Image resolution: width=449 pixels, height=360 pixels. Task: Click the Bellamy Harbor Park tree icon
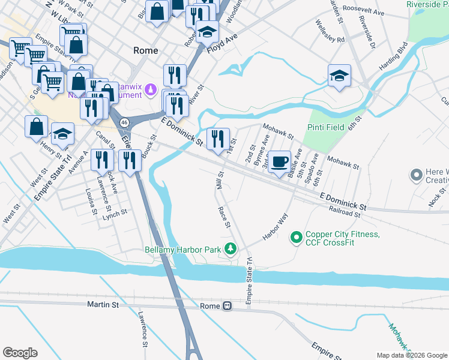(x=230, y=248)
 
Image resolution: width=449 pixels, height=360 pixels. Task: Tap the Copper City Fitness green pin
(x=295, y=238)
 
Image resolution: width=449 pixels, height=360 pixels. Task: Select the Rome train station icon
(x=227, y=306)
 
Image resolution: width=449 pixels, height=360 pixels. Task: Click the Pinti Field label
(x=325, y=128)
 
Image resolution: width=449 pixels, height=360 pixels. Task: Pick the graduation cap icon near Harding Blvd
(x=339, y=76)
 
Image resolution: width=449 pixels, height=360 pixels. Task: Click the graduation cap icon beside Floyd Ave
(x=207, y=32)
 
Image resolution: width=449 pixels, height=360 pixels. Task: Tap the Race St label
(x=224, y=217)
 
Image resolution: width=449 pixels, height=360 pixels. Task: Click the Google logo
(x=20, y=353)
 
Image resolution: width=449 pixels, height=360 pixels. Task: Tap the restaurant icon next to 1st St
(x=218, y=139)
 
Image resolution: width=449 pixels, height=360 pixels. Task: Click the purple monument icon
(x=152, y=91)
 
